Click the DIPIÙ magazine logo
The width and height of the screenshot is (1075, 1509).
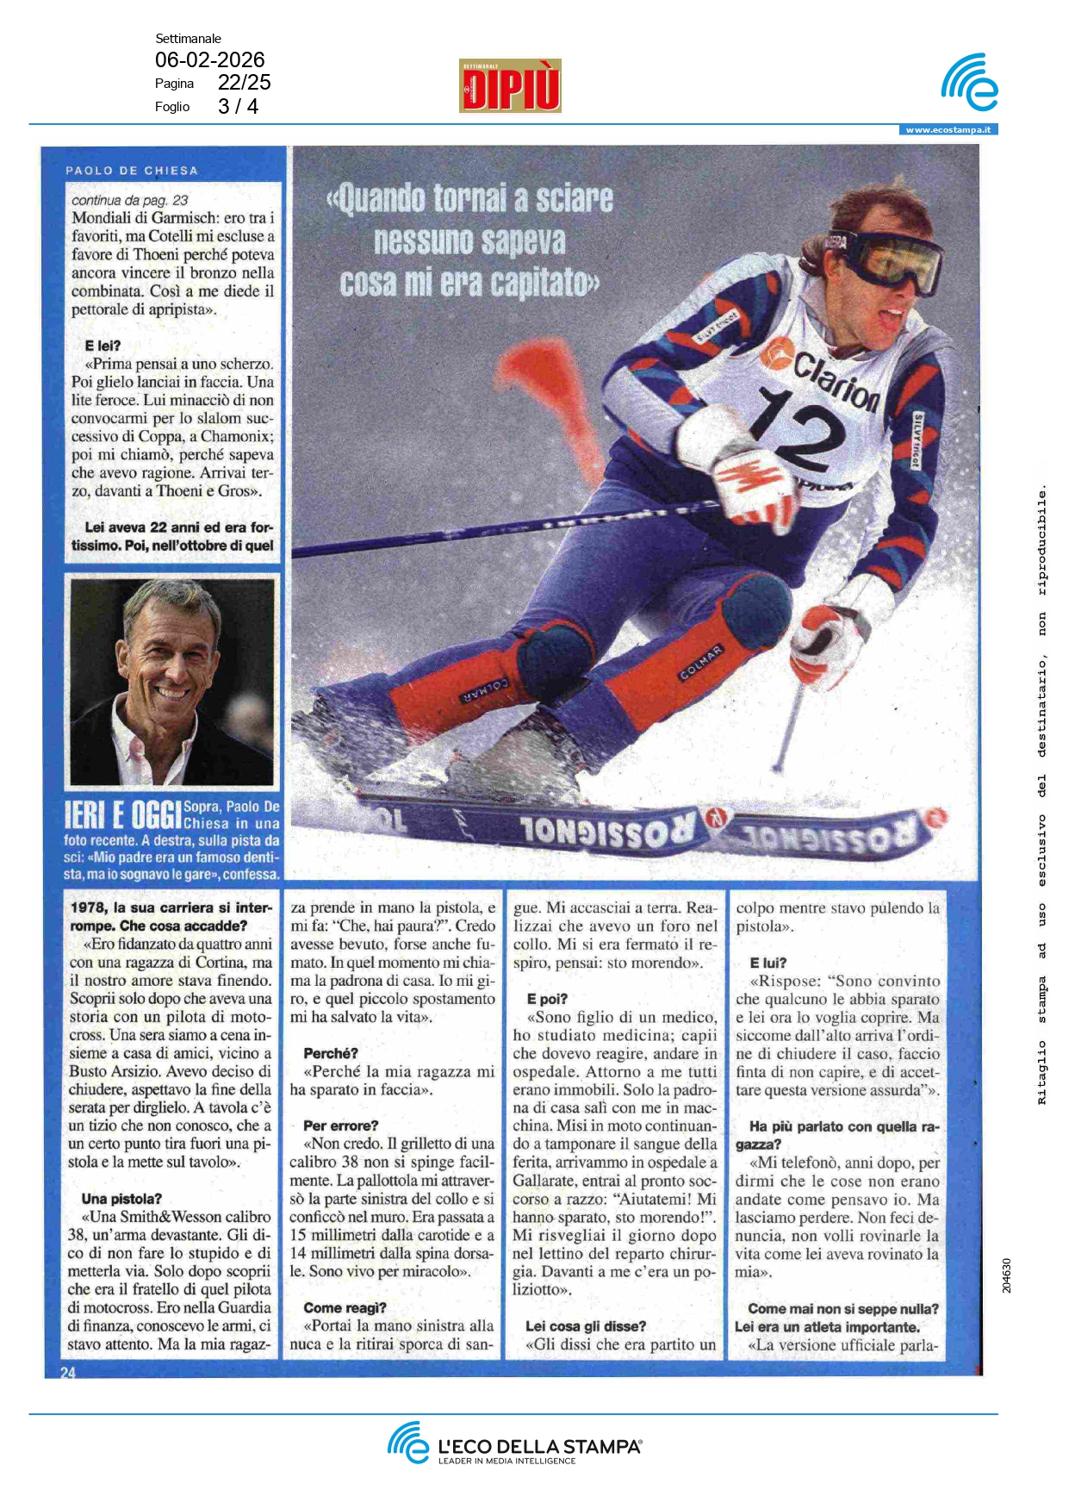pyautogui.click(x=510, y=85)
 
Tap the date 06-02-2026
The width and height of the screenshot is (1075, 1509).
pyautogui.click(x=209, y=59)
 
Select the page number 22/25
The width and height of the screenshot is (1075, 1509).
pyautogui.click(x=244, y=83)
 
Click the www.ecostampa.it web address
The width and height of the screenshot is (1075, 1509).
pyautogui.click(x=948, y=130)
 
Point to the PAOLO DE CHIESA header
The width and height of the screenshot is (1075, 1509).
pyautogui.click(x=132, y=171)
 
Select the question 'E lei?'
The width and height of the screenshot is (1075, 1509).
pyautogui.click(x=103, y=346)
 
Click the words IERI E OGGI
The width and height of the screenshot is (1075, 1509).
pyautogui.click(x=122, y=814)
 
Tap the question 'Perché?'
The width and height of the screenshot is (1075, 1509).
pyautogui.click(x=331, y=1053)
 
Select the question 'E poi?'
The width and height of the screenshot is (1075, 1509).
pyautogui.click(x=547, y=999)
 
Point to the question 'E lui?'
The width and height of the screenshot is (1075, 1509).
pyautogui.click(x=768, y=963)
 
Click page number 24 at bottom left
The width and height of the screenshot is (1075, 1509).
pyautogui.click(x=68, y=1372)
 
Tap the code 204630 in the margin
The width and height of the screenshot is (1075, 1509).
pyautogui.click(x=1007, y=1275)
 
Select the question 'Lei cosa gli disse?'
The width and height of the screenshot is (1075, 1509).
pyautogui.click(x=585, y=1326)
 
